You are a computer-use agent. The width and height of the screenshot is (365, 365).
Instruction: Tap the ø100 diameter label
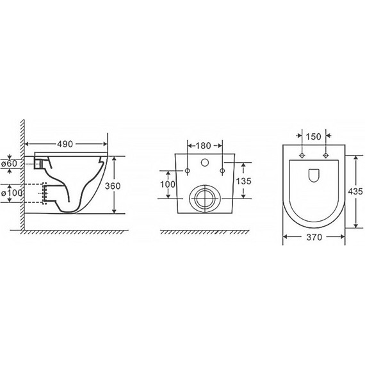tap(12, 192)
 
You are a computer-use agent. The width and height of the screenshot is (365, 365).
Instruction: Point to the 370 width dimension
tap(313, 237)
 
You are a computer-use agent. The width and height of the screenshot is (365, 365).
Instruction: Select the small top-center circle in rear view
tap(205, 161)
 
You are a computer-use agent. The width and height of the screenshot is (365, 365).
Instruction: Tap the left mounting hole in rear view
tap(188, 171)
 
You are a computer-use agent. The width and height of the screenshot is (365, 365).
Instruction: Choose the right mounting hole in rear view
tap(222, 171)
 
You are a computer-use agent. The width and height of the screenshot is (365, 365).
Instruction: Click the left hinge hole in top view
tap(302, 156)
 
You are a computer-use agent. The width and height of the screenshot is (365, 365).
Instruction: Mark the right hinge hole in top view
tap(325, 156)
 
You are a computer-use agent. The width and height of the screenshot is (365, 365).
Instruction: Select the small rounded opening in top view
tap(313, 174)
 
